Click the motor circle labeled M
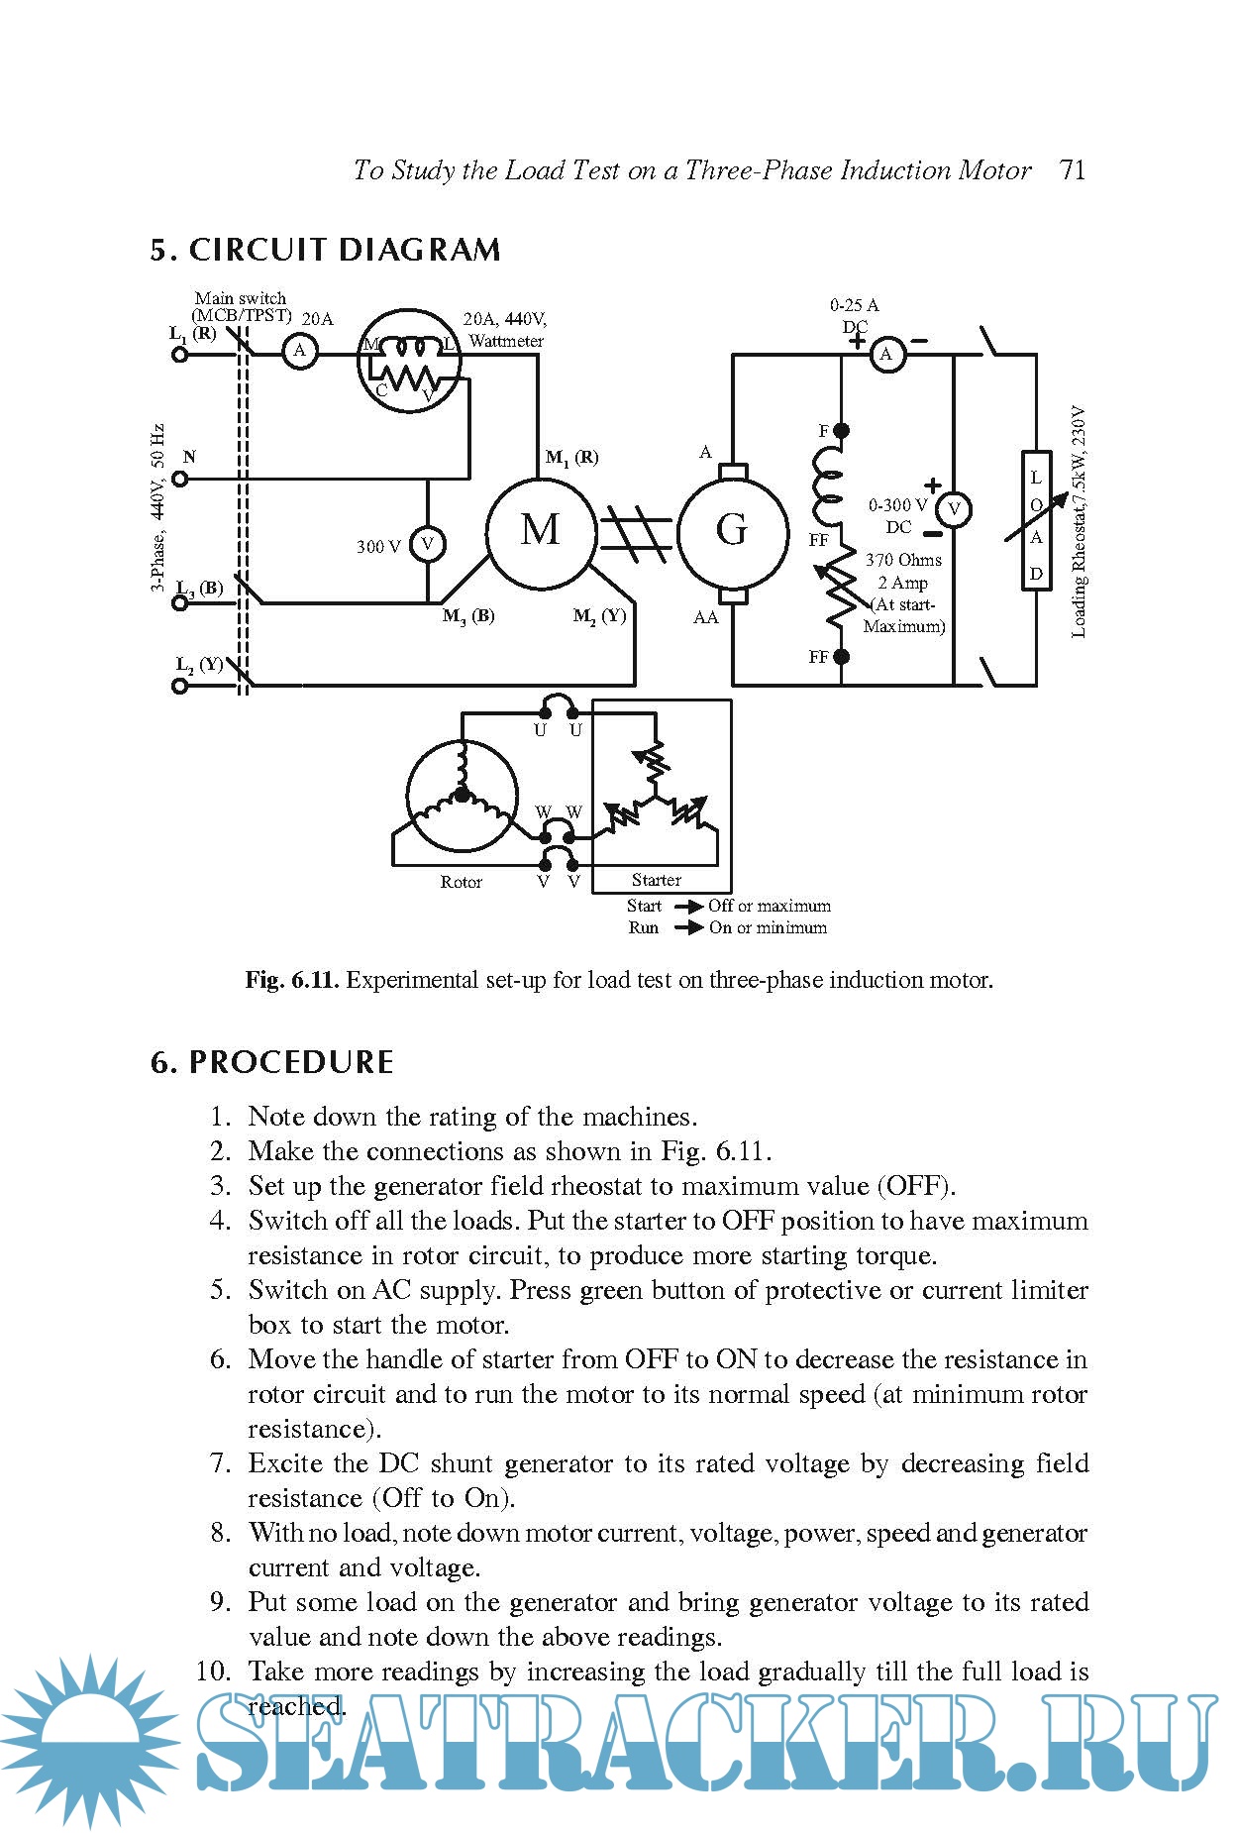pos(540,531)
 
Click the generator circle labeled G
pos(731,531)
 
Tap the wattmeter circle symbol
pos(409,362)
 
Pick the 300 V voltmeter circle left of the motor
pos(428,544)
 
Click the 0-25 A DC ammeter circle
pos(887,354)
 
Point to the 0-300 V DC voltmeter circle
pos(954,509)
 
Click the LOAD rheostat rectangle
pos(1036,521)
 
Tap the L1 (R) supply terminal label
pos(192,334)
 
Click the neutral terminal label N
pos(189,457)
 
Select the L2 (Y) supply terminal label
pos(199,664)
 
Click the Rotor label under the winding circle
pos(461,882)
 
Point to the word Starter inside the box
pos(656,880)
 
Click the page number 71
pos(1072,170)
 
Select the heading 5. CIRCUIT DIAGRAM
pos(325,250)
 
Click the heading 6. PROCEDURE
pos(271,1062)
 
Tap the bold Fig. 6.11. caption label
pos(292,981)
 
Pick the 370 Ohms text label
pos(903,560)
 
